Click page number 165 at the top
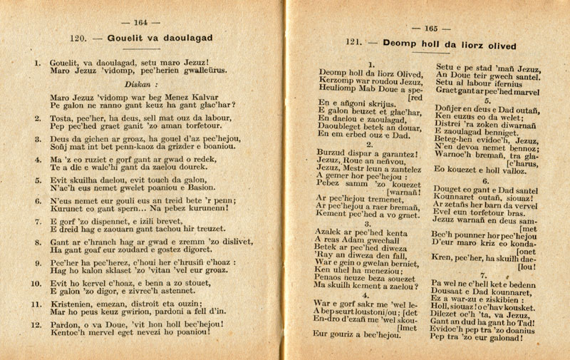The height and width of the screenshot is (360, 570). coord(430,29)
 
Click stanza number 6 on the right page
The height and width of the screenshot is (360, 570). coord(485,181)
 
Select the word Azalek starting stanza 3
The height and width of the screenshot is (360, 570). coord(334,232)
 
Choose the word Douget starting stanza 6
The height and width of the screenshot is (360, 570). coord(450,190)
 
